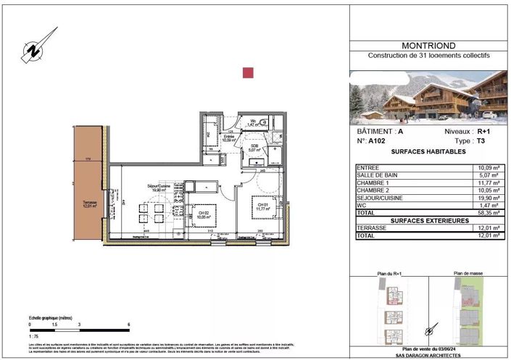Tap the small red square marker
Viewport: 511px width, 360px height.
(248, 72)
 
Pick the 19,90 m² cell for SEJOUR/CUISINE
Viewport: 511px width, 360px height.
(486, 198)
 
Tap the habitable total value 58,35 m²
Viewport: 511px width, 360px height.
(486, 213)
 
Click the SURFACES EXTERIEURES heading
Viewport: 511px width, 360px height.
(428, 220)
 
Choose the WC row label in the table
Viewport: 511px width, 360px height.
(361, 205)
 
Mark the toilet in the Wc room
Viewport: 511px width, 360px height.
(265, 122)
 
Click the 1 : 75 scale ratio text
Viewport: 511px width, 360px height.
(35, 338)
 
